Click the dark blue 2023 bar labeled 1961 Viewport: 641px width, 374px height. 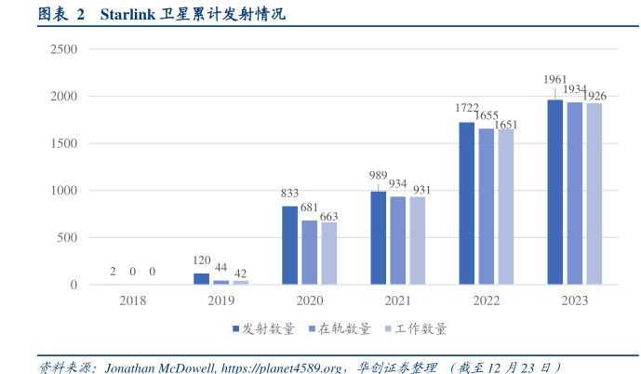click(x=554, y=192)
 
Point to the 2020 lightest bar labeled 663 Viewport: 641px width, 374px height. click(x=328, y=253)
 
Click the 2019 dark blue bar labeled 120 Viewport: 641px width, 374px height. click(x=202, y=278)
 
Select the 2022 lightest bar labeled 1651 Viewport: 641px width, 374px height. click(x=505, y=207)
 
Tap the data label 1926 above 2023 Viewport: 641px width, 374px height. click(x=594, y=96)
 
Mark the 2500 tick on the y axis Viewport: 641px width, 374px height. click(x=63, y=48)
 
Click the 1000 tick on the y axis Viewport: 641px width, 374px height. click(x=63, y=191)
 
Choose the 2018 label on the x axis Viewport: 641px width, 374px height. click(x=132, y=301)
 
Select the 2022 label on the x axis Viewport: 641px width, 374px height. click(x=486, y=301)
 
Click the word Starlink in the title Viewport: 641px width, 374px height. click(x=129, y=15)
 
